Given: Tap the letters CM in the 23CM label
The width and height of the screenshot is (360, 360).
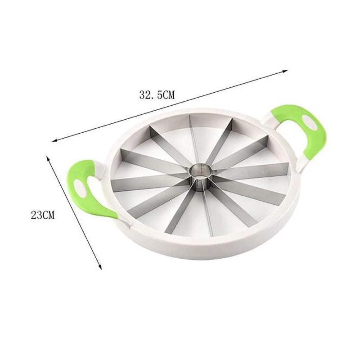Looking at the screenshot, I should [48, 215].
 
